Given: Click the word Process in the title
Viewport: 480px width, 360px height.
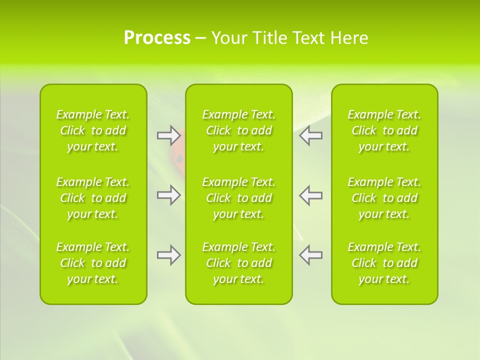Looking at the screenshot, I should tap(157, 38).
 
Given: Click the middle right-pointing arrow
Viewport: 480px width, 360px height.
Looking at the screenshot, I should tap(168, 195).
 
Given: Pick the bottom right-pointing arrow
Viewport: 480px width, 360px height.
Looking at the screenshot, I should tap(168, 255).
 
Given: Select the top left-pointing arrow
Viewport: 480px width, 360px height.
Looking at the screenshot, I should tap(311, 135).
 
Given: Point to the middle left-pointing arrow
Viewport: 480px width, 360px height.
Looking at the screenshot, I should tap(311, 195).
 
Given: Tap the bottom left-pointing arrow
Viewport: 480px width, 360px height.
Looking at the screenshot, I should tap(311, 255).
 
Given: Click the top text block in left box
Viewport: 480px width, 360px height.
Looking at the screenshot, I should tap(93, 130).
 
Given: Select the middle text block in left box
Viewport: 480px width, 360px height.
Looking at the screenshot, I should tap(93, 198).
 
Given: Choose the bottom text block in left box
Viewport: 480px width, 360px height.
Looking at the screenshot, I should tap(93, 263).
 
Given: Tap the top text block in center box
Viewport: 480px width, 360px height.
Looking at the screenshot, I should tap(239, 130).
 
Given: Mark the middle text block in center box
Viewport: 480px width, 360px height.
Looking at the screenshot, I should tap(239, 198).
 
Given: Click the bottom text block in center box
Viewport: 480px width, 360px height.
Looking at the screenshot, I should tap(239, 263).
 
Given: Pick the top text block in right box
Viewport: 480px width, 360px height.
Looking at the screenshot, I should tap(384, 130).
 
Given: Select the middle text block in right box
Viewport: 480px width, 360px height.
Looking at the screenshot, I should tap(384, 198).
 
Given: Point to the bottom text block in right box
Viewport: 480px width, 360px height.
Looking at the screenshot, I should tap(384, 263).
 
